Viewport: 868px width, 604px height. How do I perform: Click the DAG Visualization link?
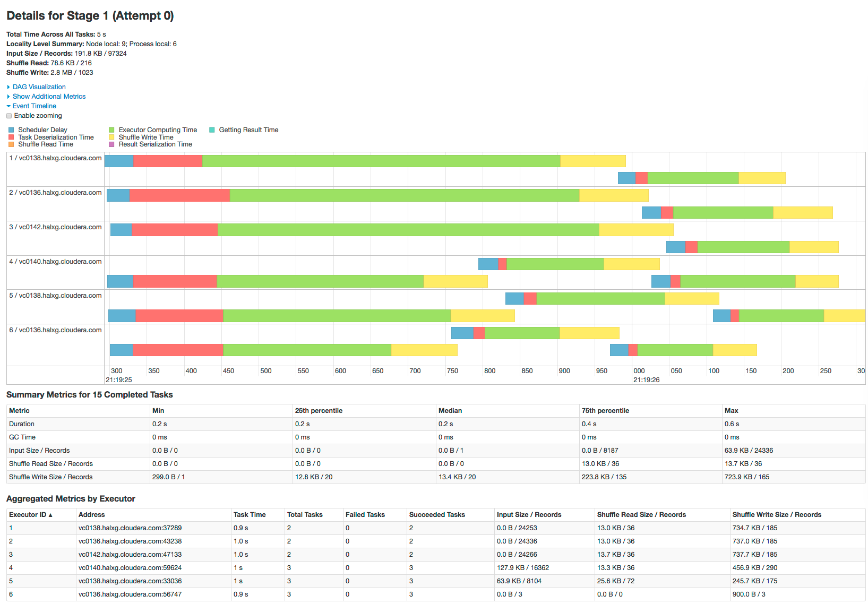(39, 87)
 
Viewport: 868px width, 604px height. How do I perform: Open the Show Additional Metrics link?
(49, 97)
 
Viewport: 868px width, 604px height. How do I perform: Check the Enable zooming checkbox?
(9, 116)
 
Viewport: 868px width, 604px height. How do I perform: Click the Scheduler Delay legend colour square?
(11, 130)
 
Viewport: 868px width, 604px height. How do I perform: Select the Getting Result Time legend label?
(248, 130)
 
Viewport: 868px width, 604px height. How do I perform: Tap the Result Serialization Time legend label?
(155, 144)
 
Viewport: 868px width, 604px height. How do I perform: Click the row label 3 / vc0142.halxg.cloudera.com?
(55, 227)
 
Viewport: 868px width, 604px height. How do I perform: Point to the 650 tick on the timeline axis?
(377, 371)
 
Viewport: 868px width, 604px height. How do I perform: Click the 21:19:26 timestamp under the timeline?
(646, 380)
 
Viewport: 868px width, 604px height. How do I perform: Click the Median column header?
(450, 411)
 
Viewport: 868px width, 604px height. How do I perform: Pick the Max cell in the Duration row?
(732, 424)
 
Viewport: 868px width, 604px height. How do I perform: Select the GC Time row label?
(22, 437)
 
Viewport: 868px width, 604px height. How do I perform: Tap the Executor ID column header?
(30, 515)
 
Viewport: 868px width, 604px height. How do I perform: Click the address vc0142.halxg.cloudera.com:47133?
(130, 555)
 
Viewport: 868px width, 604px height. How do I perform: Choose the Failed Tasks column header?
(365, 515)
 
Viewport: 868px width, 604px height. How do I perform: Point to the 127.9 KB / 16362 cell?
(523, 568)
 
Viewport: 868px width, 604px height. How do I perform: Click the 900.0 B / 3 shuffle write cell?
(749, 594)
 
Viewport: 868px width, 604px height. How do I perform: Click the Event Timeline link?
(34, 106)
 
